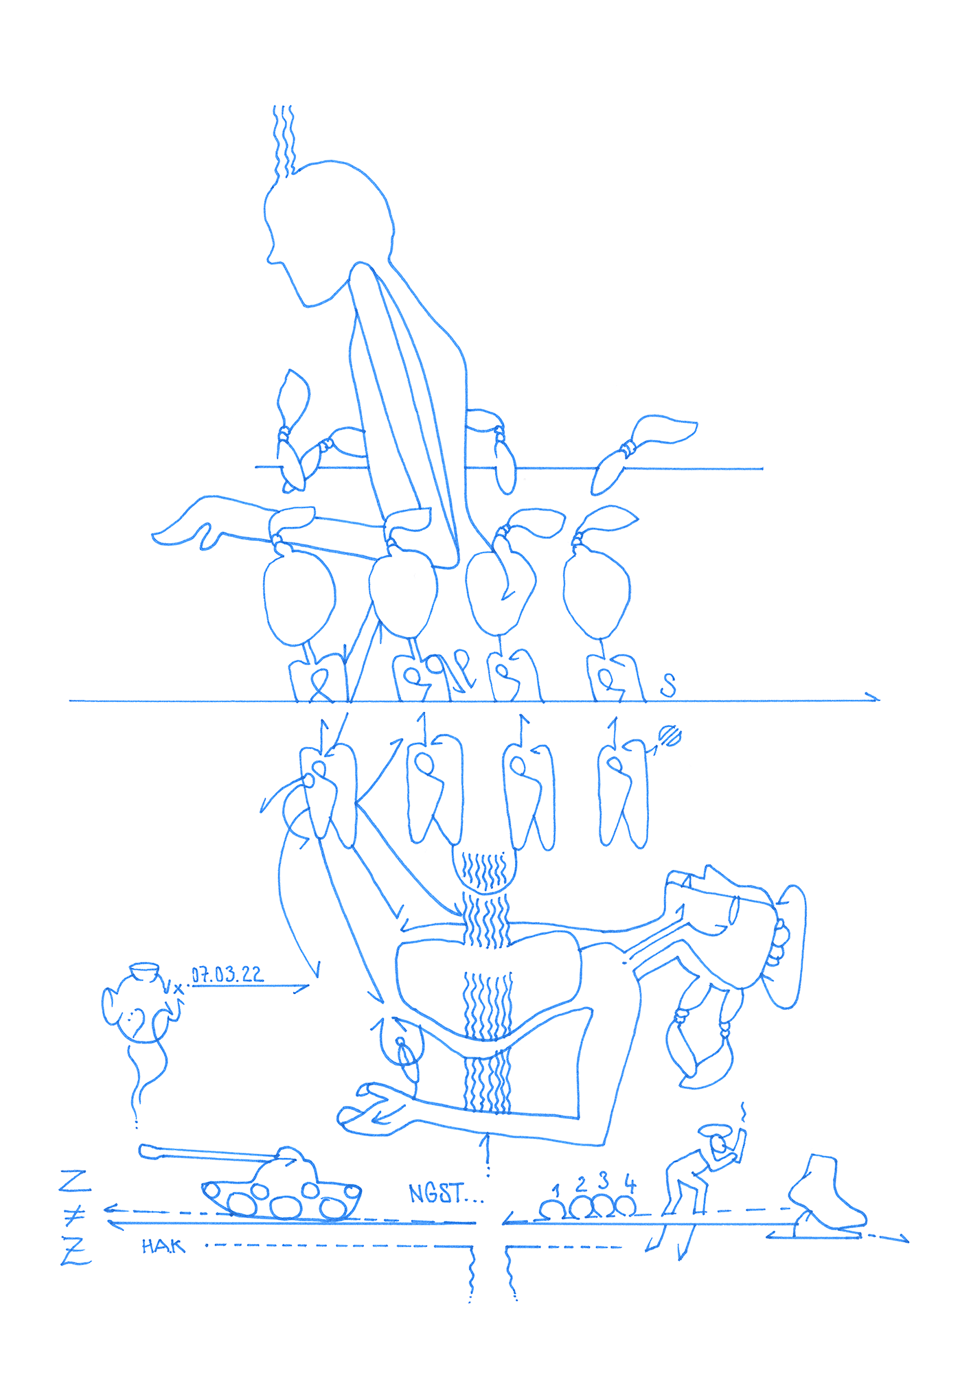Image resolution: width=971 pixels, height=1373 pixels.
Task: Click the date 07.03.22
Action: click(227, 974)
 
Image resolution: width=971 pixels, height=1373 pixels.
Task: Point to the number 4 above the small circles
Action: click(630, 1182)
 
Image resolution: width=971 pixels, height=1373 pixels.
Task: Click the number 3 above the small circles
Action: click(604, 1180)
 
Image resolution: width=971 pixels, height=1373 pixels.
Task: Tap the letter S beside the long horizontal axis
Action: click(668, 684)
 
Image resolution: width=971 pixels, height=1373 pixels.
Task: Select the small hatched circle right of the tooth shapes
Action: click(670, 736)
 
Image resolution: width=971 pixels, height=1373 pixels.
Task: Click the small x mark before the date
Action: click(179, 989)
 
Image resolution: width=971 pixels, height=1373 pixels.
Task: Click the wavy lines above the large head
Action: click(284, 141)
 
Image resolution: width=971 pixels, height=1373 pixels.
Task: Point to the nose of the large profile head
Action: click(271, 257)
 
